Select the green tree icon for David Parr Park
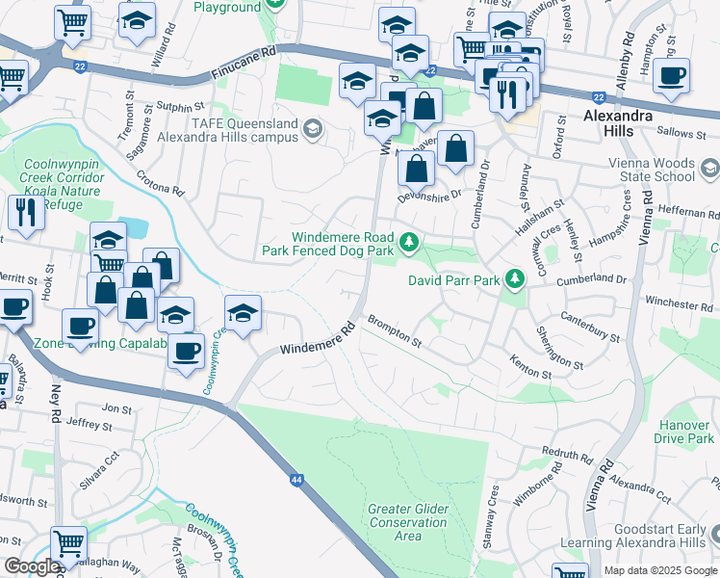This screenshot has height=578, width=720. [x=516, y=279]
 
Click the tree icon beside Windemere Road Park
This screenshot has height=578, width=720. [x=410, y=241]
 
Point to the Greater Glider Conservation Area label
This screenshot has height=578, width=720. [x=408, y=522]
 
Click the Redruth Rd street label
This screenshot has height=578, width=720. [x=567, y=454]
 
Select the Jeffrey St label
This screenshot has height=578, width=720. [x=90, y=424]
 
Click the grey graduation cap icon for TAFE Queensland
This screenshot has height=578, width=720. [x=312, y=128]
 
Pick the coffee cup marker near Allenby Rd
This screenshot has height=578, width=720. [x=671, y=75]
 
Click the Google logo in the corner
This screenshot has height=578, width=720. [x=32, y=566]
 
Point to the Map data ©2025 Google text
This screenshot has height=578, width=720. [x=660, y=570]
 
